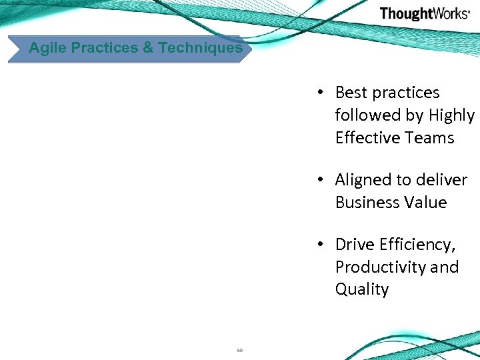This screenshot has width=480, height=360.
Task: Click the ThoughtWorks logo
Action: tap(425, 14)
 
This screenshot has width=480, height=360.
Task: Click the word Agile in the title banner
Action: tap(47, 48)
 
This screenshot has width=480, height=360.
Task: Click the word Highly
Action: tap(451, 115)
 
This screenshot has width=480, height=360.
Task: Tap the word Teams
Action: tap(432, 138)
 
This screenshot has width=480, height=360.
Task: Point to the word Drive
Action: tap(353, 245)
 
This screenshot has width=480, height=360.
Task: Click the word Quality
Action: tap(362, 289)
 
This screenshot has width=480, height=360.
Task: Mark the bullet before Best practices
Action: tap(321, 93)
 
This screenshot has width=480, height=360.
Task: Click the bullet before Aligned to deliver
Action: tap(321, 180)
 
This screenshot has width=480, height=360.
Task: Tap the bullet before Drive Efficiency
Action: tap(321, 245)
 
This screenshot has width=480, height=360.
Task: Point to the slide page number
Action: tap(239, 350)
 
